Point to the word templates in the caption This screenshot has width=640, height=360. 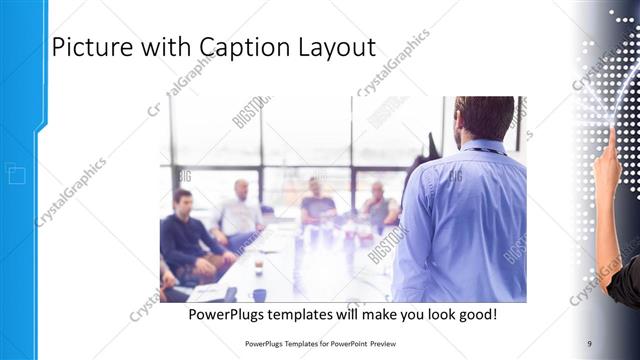point(311,315)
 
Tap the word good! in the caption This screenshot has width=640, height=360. point(477,315)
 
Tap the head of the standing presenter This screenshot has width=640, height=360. point(484,118)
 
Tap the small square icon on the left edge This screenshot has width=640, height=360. point(16,175)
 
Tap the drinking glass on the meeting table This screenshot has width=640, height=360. point(258,266)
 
